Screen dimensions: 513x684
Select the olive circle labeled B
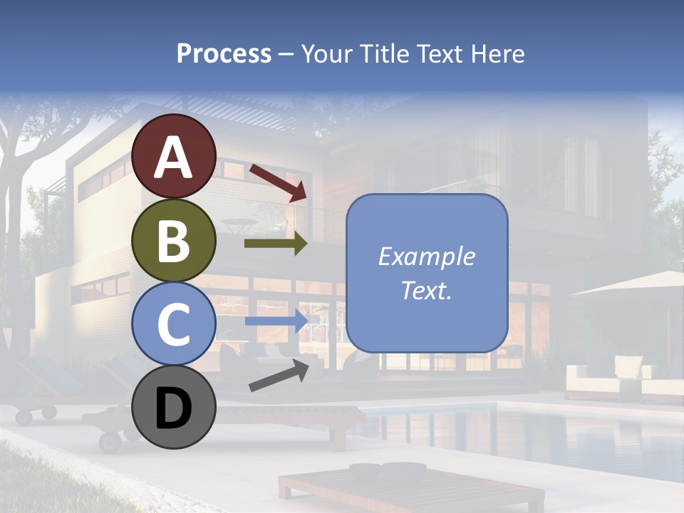(174, 241)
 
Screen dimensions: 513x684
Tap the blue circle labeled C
(174, 324)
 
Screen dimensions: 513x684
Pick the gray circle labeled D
(174, 407)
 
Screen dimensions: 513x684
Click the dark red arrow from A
(278, 182)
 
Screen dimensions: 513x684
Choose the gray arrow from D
(278, 375)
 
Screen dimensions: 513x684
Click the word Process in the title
(224, 53)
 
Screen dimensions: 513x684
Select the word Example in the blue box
(426, 256)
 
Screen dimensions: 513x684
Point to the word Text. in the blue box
(426, 290)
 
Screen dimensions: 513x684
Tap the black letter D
(174, 410)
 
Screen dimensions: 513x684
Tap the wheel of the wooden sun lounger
(110, 441)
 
